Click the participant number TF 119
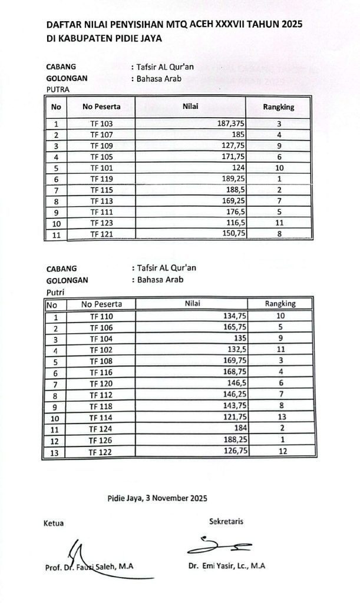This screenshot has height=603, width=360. click(x=101, y=179)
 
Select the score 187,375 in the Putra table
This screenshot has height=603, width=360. click(x=227, y=124)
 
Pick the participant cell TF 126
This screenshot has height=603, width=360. click(x=101, y=440)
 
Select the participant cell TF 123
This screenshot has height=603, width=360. click(x=101, y=224)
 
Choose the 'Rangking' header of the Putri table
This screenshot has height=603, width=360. click(x=280, y=304)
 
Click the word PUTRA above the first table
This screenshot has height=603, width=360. click(x=58, y=90)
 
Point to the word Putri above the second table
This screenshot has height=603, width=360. click(x=55, y=291)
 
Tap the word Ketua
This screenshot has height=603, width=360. click(x=53, y=523)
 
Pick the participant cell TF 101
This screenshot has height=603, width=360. click(x=101, y=168)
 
